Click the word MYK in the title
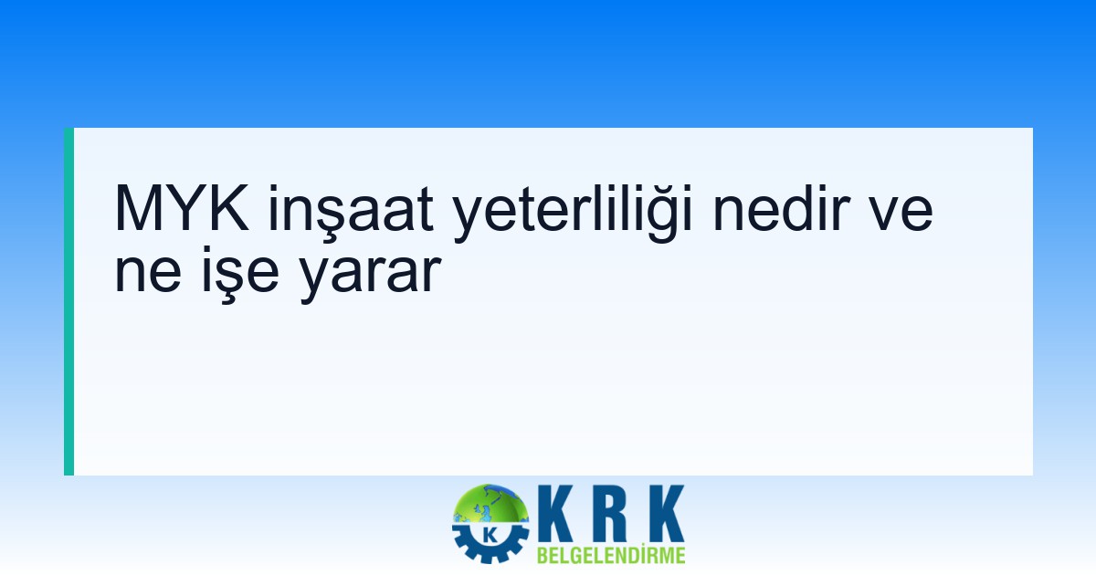tap(184, 211)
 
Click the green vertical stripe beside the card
tap(68, 301)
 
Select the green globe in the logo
tap(493, 507)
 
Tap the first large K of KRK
tap(557, 516)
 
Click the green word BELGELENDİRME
tap(611, 555)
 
